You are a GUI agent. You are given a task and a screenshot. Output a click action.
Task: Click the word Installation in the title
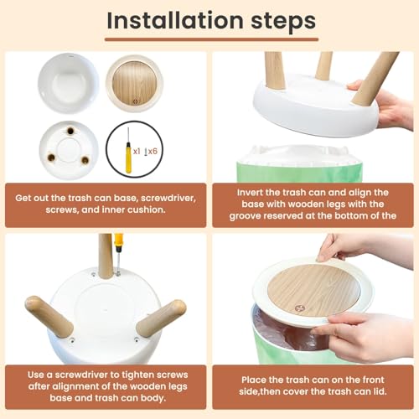pyautogui.click(x=175, y=20)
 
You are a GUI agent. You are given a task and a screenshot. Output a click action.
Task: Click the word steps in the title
pyautogui.click(x=283, y=22)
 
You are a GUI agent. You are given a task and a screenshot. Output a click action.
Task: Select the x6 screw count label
pyautogui.click(x=151, y=152)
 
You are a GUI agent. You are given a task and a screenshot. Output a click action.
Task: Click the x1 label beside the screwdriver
pyautogui.click(x=137, y=152)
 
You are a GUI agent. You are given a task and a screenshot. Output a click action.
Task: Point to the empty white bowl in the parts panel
pyautogui.click(x=69, y=83)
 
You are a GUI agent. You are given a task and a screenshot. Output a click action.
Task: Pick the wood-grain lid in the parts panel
pyautogui.click(x=135, y=83)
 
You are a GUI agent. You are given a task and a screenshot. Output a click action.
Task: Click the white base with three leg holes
pyautogui.click(x=69, y=150)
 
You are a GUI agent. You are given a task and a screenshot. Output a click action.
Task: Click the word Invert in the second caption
pyautogui.click(x=250, y=193)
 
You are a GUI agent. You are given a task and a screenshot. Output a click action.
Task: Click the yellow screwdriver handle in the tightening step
pyautogui.click(x=118, y=242)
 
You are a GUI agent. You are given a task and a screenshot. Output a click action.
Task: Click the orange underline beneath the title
pyautogui.click(x=211, y=39)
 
